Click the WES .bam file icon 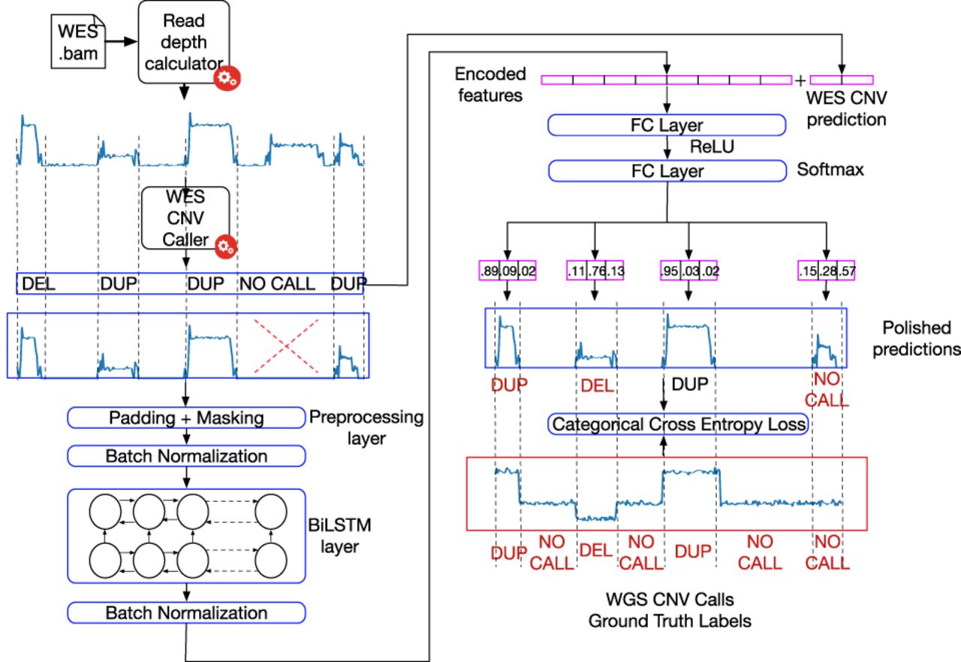click(78, 41)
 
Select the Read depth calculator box click(184, 41)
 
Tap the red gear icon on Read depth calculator click(227, 78)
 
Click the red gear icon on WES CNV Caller click(226, 246)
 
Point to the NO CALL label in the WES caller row click(277, 284)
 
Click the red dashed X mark click(286, 346)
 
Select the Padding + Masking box click(186, 418)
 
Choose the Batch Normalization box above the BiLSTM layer click(186, 456)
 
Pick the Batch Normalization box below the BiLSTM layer click(186, 612)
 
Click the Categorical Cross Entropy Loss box click(678, 424)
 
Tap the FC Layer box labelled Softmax click(667, 171)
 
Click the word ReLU click(712, 147)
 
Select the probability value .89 click(490, 271)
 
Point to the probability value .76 click(596, 271)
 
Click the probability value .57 click(846, 271)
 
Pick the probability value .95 click(670, 271)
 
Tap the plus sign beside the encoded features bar click(800, 80)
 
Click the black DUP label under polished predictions click(690, 384)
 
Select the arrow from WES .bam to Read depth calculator click(122, 41)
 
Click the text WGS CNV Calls click(670, 600)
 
